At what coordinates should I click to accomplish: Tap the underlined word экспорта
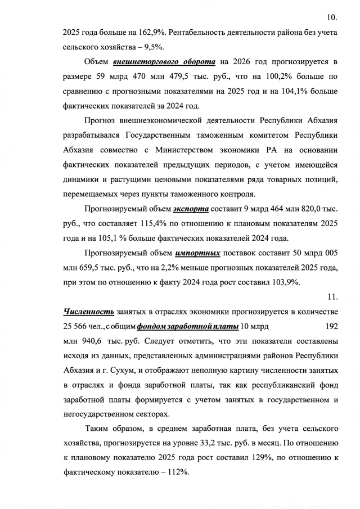coord(191,209)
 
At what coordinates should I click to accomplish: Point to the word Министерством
coord(206,150)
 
